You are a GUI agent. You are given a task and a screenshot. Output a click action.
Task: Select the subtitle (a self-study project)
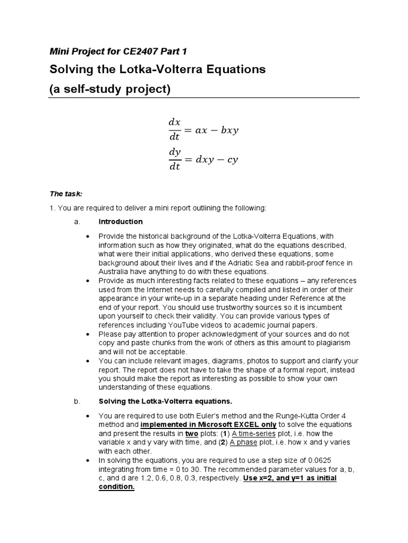pyautogui.click(x=110, y=89)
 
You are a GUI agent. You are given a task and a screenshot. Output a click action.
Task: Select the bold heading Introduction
pyautogui.click(x=121, y=222)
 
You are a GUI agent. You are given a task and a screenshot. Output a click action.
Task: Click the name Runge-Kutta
pyautogui.click(x=290, y=415)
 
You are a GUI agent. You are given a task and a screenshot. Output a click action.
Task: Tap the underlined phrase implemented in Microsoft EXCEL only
pyautogui.click(x=206, y=425)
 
